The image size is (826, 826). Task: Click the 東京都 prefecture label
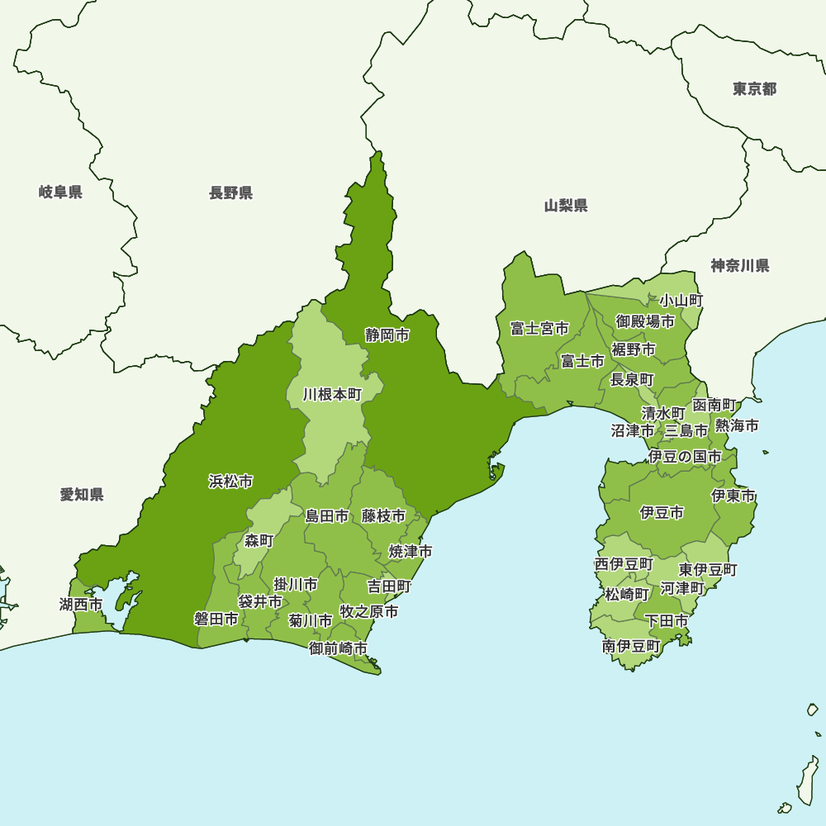[754, 89]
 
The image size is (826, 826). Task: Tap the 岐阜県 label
[60, 192]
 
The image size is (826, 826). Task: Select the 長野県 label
[230, 193]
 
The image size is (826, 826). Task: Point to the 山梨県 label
[566, 206]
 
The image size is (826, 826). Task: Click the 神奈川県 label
[740, 266]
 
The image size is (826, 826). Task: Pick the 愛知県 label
[82, 495]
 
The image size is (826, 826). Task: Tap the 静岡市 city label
[387, 335]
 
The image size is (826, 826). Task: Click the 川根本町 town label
[332, 395]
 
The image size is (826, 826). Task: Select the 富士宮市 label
[539, 329]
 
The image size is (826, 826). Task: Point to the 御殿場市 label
[645, 321]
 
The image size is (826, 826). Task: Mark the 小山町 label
[681, 301]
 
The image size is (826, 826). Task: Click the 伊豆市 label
[662, 513]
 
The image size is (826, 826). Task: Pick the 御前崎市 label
[339, 648]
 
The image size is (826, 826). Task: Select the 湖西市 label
[81, 605]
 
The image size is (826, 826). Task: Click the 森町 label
[259, 541]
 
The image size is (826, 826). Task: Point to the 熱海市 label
[737, 426]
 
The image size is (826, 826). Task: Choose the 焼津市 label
[411, 551]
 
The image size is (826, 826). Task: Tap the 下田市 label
[666, 620]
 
